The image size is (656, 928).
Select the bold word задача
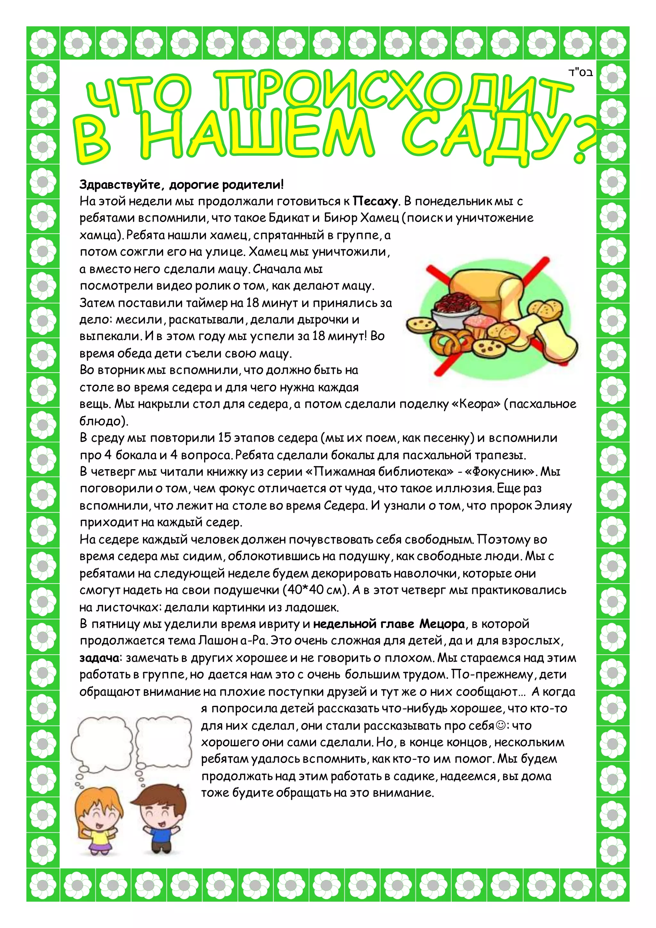[x=99, y=658]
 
